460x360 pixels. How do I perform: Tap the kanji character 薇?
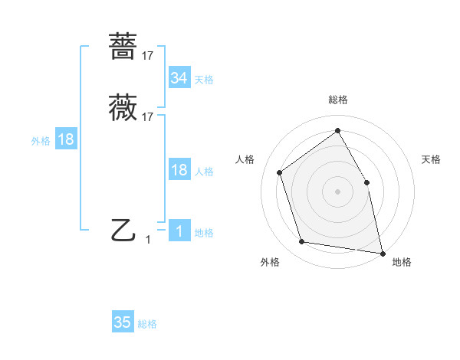[x=123, y=108]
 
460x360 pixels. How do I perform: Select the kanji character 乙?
[x=123, y=230]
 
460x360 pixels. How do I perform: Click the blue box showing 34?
[x=179, y=77]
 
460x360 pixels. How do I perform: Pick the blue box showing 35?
[x=122, y=322]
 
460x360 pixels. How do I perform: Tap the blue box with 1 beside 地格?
[x=179, y=231]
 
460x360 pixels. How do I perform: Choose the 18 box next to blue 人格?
[x=179, y=170]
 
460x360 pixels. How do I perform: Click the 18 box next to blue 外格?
[x=65, y=139]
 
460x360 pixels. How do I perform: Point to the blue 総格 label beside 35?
[x=147, y=324]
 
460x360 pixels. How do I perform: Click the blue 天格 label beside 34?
[x=204, y=79]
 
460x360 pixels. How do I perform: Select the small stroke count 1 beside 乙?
[x=148, y=240]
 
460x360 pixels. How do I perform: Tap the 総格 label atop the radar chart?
[x=337, y=100]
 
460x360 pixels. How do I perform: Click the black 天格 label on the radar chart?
[x=432, y=159]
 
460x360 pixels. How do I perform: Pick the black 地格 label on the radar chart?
[x=402, y=263]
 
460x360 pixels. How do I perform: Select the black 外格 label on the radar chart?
[x=270, y=263]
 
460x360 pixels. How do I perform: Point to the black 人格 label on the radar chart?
[x=245, y=159]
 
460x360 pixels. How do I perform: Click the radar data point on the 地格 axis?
[x=381, y=252]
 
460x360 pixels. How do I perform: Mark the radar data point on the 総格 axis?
[x=337, y=129]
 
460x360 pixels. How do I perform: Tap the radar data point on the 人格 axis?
[x=280, y=172]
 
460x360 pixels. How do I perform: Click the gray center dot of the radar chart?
[x=337, y=191]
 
